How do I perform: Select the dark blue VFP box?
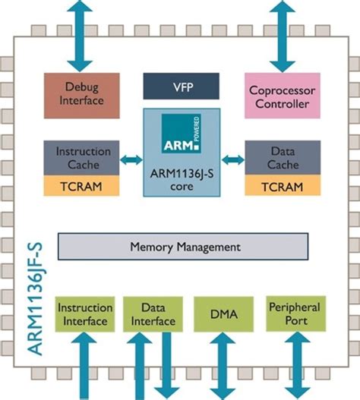pos(181,86)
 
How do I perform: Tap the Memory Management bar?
pos(184,247)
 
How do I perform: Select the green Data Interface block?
pos(150,314)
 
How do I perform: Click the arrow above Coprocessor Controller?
pos(283,34)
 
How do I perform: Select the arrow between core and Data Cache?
pos(232,160)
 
